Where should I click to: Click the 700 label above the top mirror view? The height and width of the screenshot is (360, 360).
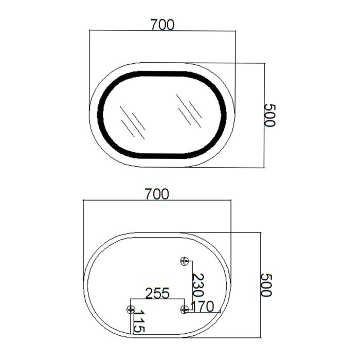[x=162, y=24]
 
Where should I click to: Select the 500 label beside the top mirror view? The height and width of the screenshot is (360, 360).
[x=270, y=115]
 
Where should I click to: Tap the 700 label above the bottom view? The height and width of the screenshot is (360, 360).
[x=157, y=194]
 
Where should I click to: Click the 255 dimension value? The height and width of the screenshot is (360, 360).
[x=157, y=293]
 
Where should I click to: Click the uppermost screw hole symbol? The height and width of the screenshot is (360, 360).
[x=185, y=261]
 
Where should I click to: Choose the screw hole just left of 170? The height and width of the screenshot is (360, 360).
[x=185, y=309]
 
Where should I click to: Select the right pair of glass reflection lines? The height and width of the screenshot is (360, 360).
[x=189, y=110]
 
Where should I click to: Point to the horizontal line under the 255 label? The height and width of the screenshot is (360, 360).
[x=157, y=299]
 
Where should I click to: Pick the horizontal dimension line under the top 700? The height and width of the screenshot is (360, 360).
[x=162, y=31]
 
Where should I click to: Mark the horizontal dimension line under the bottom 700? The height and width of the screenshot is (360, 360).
[x=157, y=201]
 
